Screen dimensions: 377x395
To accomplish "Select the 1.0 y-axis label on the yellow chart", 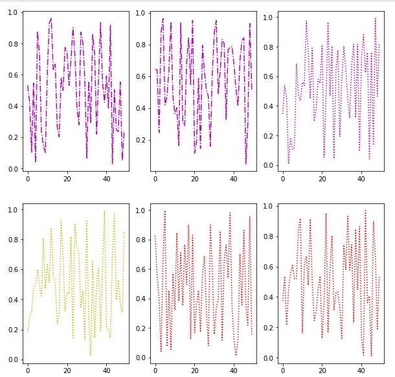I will pyautogui.click(x=13, y=210).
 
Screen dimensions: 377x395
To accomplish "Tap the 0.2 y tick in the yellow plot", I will pyautogui.click(x=13, y=329).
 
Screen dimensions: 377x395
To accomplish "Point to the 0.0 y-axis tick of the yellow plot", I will pyautogui.click(x=13, y=359).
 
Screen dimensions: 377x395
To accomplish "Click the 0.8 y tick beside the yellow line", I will pyautogui.click(x=13, y=240).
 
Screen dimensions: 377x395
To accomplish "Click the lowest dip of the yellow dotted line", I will pyautogui.click(x=91, y=355).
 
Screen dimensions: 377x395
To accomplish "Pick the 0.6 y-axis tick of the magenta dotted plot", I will pyautogui.click(x=268, y=75).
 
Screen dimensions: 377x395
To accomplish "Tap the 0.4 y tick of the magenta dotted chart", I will pyautogui.click(x=268, y=105).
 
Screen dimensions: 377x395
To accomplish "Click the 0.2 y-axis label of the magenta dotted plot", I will pyautogui.click(x=268, y=135).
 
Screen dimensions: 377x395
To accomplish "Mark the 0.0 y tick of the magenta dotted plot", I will pyautogui.click(x=268, y=165).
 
